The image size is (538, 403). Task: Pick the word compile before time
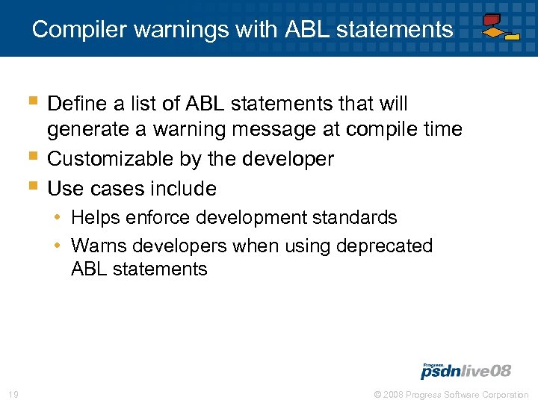point(386,129)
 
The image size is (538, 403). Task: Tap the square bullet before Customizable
point(31,156)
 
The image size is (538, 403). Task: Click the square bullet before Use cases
point(31,186)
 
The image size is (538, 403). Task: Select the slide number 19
point(12,394)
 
